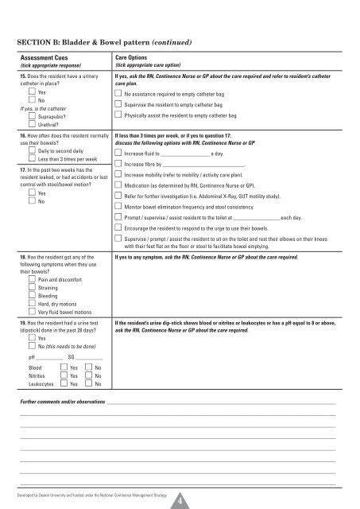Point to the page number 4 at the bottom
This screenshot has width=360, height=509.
(x=180, y=499)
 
